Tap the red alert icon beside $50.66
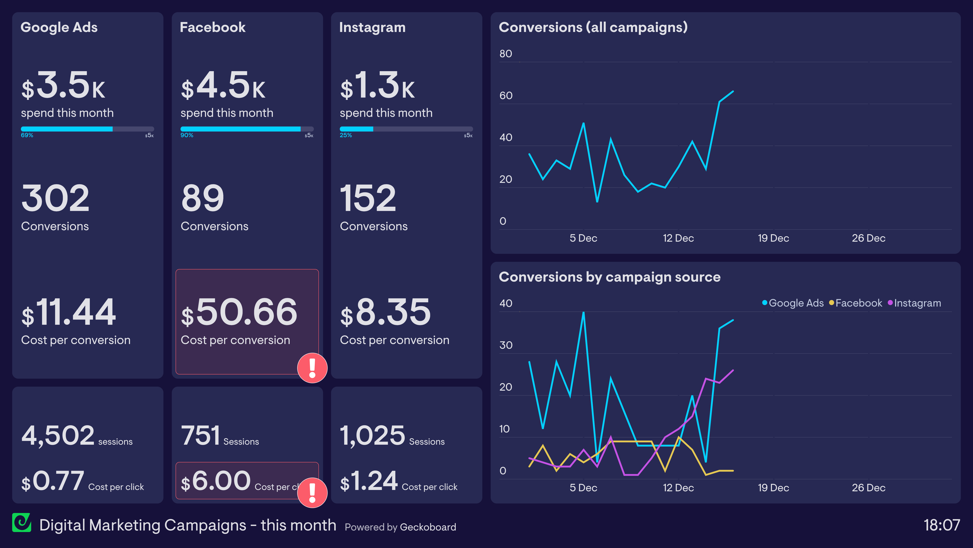click(312, 368)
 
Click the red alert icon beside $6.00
click(312, 492)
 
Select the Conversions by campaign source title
click(609, 277)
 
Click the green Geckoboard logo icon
click(21, 523)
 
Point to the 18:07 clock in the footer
click(941, 525)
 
